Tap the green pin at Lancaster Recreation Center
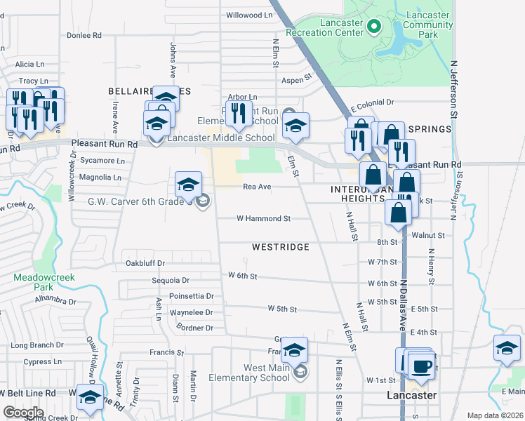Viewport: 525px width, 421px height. [x=374, y=27]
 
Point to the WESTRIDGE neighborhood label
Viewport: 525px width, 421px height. [x=280, y=247]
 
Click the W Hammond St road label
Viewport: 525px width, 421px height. [x=263, y=218]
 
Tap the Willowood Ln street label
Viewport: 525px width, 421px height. [x=248, y=14]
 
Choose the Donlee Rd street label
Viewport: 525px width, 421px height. [x=84, y=34]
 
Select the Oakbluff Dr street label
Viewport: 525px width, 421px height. [x=145, y=263]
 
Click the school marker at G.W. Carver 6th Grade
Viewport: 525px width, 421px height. [x=188, y=184]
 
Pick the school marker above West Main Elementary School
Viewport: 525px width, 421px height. [x=295, y=350]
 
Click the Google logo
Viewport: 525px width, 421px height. [x=23, y=413]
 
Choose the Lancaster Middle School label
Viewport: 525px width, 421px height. [x=220, y=138]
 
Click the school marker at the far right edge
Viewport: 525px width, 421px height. [x=507, y=348]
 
